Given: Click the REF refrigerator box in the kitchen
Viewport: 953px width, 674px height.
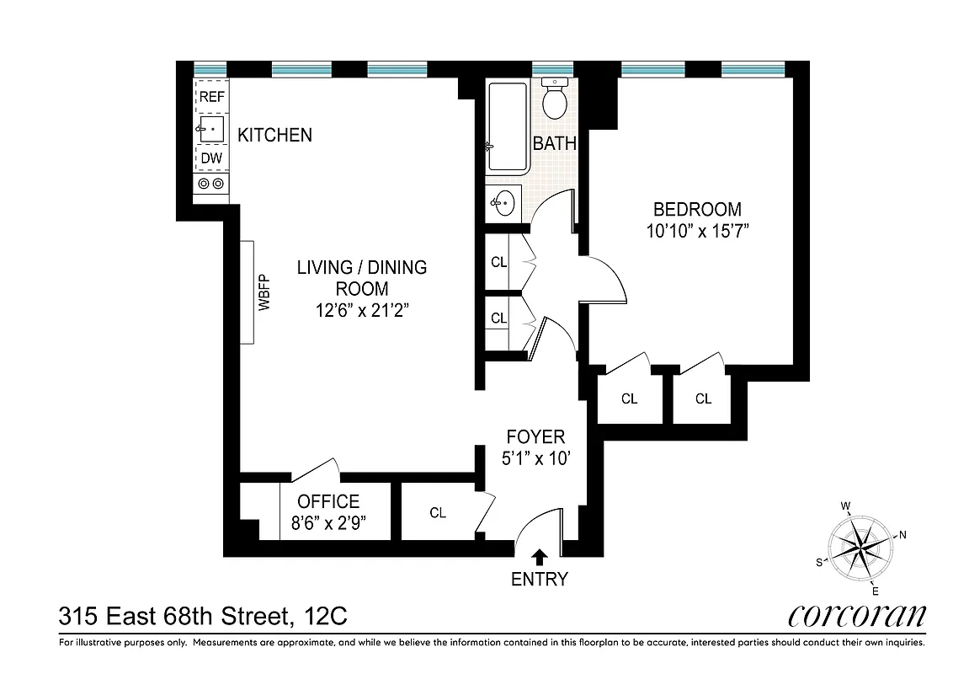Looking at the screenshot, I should [211, 97].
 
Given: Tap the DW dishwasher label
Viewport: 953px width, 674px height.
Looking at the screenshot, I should [211, 158].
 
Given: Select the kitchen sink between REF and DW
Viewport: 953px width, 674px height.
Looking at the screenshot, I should [211, 129].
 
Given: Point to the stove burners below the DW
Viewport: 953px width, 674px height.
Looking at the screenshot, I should [210, 184].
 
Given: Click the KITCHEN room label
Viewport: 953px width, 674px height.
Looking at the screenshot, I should [274, 135].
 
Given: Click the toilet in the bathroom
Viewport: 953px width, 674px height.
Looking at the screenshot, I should [555, 99].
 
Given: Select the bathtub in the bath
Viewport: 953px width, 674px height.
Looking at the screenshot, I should [507, 127].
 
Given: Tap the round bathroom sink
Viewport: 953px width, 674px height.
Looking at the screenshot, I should [503, 203].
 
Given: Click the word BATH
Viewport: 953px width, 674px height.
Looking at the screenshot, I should [555, 144].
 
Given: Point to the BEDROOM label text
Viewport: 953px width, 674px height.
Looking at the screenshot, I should [697, 210].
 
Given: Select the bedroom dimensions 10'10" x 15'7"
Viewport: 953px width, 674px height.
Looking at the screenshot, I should [697, 231].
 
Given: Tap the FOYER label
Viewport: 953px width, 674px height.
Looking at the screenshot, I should [535, 437].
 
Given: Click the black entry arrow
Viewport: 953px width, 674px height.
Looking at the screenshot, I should [539, 555].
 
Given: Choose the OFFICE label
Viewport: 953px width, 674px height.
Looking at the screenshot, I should [328, 502].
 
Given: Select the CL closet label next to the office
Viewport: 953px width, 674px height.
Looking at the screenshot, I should [437, 512].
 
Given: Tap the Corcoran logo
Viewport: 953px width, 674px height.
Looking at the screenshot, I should [857, 617].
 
